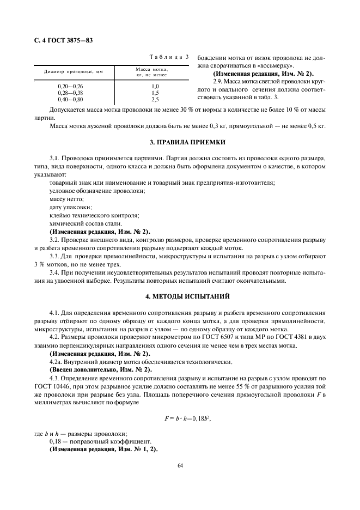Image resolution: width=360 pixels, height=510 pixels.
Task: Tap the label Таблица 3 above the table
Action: (169, 57)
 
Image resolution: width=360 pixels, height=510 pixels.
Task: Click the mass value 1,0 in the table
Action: (155, 87)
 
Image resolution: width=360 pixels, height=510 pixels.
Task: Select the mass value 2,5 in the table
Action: (155, 99)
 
